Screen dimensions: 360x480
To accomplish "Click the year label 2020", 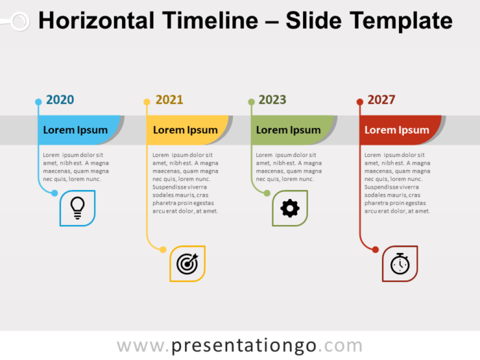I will tap(60, 99).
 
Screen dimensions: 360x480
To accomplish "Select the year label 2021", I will tap(169, 99).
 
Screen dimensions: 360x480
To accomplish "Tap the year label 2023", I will tap(272, 99).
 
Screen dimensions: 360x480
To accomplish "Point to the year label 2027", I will tap(381, 99).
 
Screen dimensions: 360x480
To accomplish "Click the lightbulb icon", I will tap(77, 208).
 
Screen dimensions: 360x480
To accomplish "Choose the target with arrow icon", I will tap(187, 263).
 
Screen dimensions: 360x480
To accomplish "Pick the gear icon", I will tap(290, 208).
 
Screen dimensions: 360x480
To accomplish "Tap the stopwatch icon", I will tap(400, 263).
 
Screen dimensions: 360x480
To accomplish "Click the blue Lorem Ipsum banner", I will tap(76, 130).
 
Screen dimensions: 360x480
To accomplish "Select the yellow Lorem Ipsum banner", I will tap(185, 130).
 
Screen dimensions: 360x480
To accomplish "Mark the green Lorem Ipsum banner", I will tap(289, 130).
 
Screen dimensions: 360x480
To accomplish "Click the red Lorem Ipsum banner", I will tap(397, 130).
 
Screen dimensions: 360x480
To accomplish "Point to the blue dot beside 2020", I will tap(38, 102).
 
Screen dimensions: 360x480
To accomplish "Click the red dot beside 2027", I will tap(360, 102).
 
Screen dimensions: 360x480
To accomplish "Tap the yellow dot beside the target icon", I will tap(163, 250).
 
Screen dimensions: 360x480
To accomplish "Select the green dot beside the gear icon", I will tap(267, 193).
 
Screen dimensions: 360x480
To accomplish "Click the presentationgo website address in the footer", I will tap(239, 346).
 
